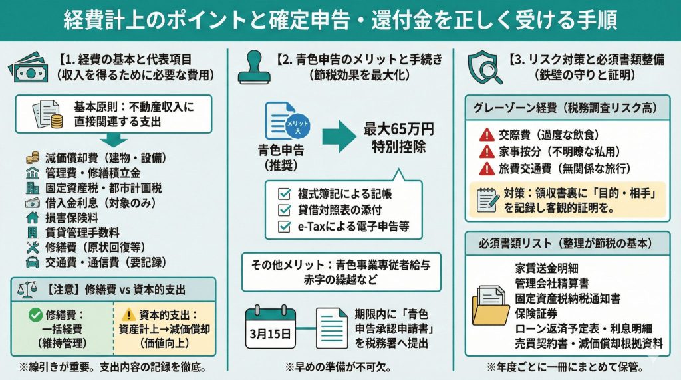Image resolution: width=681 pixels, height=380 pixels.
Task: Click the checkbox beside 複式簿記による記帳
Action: pyautogui.click(x=285, y=194)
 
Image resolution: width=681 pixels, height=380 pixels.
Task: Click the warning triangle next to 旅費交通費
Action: pyautogui.click(x=485, y=168)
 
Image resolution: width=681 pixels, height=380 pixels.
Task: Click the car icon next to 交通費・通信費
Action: pyautogui.click(x=32, y=262)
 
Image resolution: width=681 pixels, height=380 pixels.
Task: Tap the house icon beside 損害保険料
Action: pyautogui.click(x=32, y=217)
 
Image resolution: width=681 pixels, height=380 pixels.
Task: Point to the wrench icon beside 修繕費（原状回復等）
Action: pyautogui.click(x=32, y=247)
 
